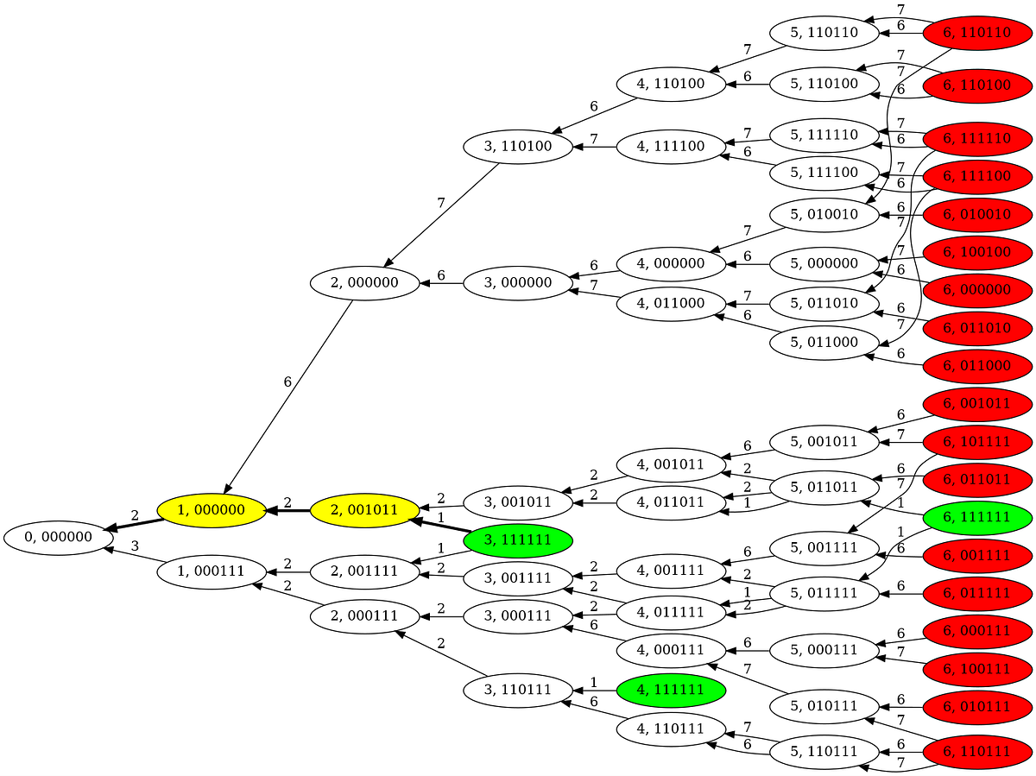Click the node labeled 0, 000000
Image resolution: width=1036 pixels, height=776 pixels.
coord(59,537)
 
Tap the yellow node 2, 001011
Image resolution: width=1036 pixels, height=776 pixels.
coord(364,509)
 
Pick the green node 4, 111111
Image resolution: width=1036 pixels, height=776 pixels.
coord(671,689)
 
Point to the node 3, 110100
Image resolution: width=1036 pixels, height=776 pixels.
coord(518,146)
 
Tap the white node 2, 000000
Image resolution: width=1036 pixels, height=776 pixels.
coord(364,283)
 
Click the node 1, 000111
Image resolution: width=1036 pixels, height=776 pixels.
coord(212,571)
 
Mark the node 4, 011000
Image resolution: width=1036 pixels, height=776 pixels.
coord(671,305)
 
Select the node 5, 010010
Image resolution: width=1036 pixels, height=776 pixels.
coord(824,214)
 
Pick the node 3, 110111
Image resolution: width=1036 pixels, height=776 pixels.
coord(518,690)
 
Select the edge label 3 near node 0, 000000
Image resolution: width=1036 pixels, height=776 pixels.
coord(135,546)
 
